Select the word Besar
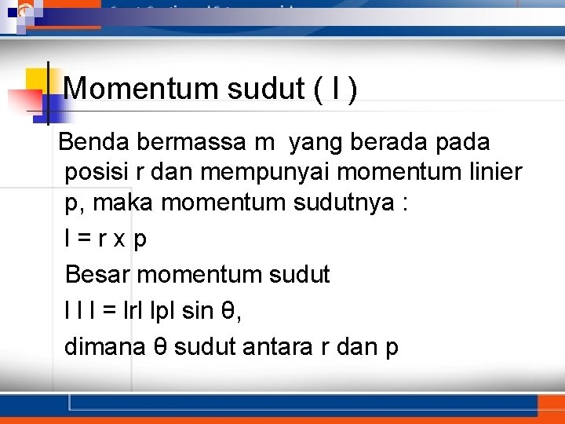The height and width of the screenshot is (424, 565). [x=98, y=275]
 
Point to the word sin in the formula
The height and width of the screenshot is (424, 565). [x=197, y=311]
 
